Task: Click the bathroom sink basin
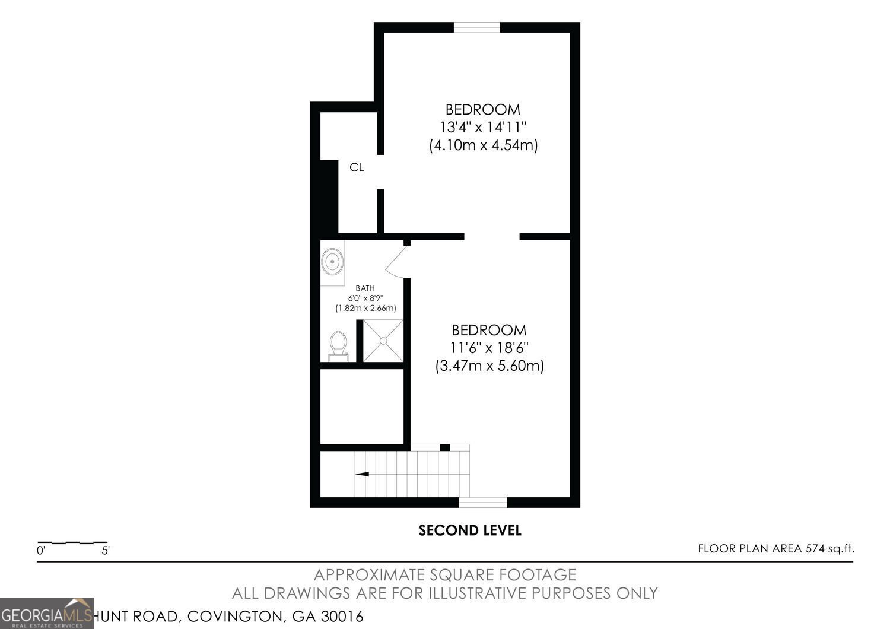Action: [332, 261]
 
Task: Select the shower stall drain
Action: [383, 341]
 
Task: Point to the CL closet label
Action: [357, 167]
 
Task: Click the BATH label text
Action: [365, 288]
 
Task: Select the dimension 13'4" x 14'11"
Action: [483, 127]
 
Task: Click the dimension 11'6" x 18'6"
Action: [490, 347]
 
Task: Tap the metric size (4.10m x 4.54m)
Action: [483, 145]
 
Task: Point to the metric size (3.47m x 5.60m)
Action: [490, 366]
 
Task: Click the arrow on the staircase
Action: [361, 474]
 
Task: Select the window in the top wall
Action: [477, 27]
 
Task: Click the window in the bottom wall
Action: [483, 503]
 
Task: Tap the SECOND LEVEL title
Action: [470, 530]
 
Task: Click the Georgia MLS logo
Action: [47, 613]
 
